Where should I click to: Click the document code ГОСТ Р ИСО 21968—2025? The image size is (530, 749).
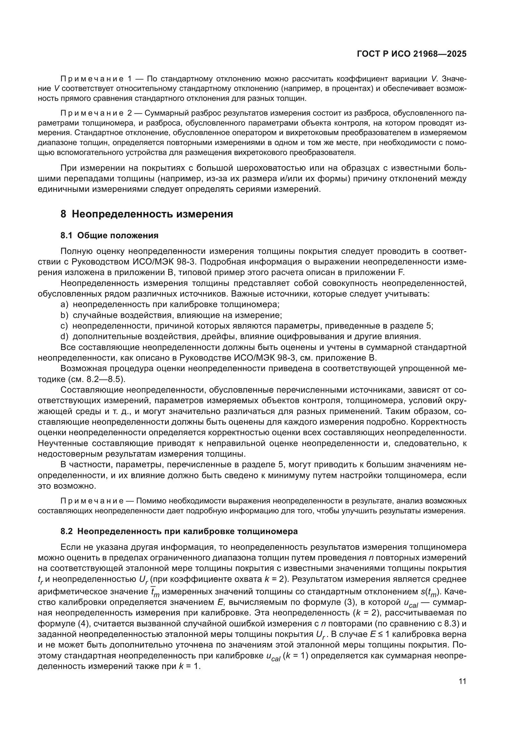click(411, 54)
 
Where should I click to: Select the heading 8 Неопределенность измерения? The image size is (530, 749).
click(146, 214)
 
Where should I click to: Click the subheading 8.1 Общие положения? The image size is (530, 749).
click(109, 236)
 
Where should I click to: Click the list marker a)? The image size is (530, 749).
click(64, 304)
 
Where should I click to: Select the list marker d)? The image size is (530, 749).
click(64, 336)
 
